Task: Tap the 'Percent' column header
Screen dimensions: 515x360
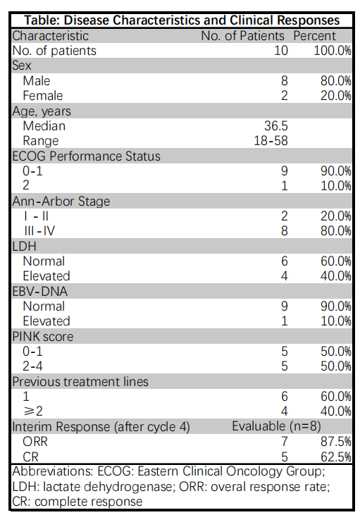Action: coord(315,35)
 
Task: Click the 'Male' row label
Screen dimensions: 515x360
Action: coord(37,80)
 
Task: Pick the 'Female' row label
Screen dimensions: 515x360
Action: coord(43,95)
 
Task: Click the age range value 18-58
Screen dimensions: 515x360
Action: coord(271,140)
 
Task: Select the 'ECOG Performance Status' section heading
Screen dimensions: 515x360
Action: coord(86,156)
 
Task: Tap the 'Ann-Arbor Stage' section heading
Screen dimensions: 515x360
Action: coord(61,201)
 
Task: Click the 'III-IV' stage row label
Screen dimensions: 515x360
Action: coord(39,231)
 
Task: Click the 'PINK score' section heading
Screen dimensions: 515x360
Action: coord(43,336)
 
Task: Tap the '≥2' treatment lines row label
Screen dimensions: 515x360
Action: coord(32,411)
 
